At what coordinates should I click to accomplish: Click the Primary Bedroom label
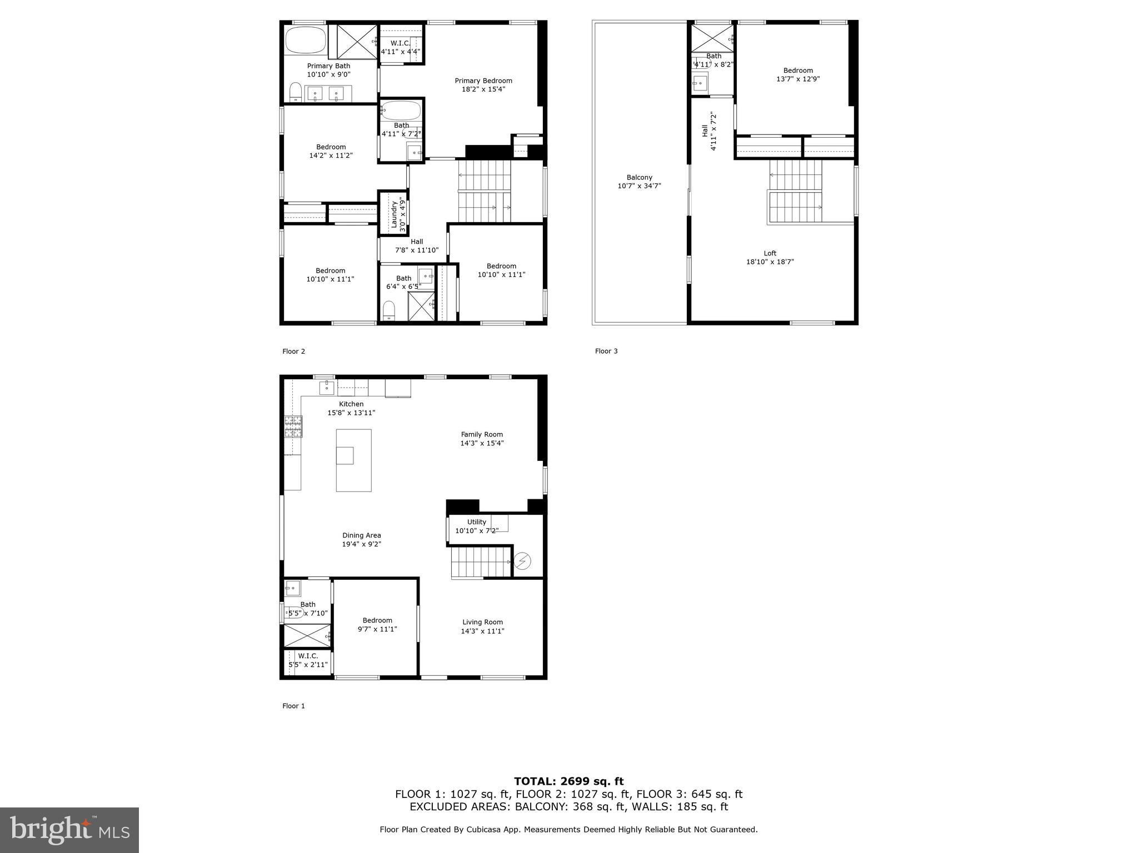coord(483,81)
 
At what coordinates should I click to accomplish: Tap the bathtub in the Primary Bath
coord(306,40)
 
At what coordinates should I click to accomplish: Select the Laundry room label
coord(395,214)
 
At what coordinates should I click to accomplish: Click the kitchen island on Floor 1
coord(354,460)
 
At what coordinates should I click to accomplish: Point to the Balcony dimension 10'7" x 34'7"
coord(640,186)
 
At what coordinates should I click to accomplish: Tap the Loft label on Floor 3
coord(770,253)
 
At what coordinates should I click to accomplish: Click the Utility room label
coord(477,522)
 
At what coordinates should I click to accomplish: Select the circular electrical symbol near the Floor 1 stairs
coord(522,561)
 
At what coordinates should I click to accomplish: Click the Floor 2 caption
coord(294,351)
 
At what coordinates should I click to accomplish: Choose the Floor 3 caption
coord(606,351)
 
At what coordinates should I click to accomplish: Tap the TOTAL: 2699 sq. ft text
coord(569,782)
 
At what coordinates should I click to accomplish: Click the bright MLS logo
coord(69,830)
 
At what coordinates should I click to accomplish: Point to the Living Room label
coord(483,623)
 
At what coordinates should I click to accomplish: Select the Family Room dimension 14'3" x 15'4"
coord(482,443)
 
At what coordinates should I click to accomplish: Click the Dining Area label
coord(362,535)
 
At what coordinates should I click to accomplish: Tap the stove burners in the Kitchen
coord(294,426)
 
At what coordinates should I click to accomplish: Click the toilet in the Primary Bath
coord(296,92)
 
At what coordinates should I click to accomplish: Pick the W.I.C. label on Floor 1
coord(308,656)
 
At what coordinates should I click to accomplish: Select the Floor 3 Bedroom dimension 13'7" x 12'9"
coord(798,79)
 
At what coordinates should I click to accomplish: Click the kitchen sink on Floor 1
coord(327,387)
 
